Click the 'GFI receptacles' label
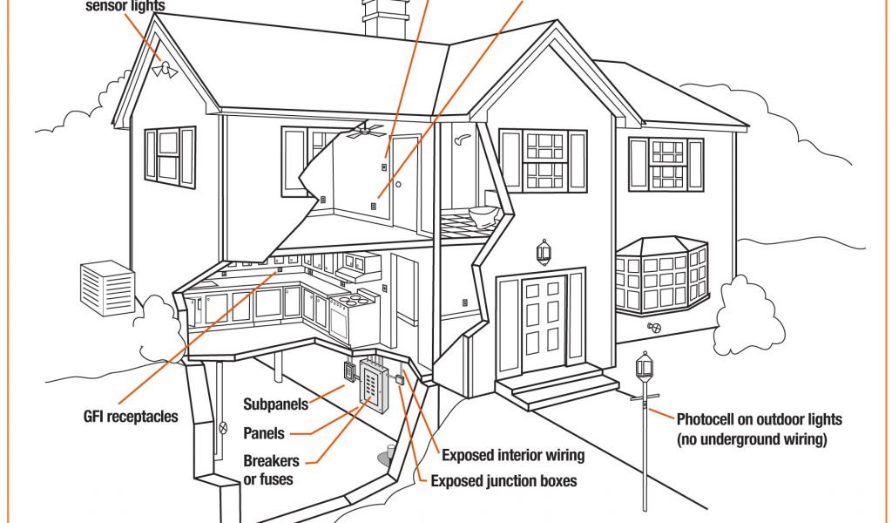click(x=125, y=416)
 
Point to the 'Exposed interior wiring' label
click(x=513, y=455)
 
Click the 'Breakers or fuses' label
click(x=270, y=469)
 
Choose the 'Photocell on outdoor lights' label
click(x=760, y=419)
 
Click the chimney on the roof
click(x=384, y=18)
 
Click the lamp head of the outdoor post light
click(x=644, y=366)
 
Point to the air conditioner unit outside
click(x=107, y=289)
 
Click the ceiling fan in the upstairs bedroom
click(x=365, y=132)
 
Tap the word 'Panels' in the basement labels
click(x=264, y=433)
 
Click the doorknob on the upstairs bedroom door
click(x=399, y=185)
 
